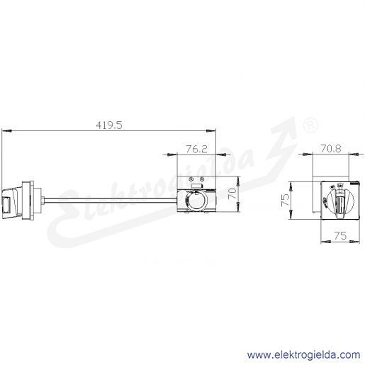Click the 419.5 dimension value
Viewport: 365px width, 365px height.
coord(109,125)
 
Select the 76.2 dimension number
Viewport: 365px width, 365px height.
coord(196,149)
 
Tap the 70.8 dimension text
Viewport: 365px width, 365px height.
coord(331,149)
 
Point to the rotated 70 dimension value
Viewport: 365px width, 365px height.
coord(232,193)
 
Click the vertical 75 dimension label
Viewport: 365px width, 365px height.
coord(285,200)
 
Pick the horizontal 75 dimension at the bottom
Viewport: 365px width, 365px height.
coord(340,235)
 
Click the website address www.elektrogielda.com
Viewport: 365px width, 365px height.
coord(303,355)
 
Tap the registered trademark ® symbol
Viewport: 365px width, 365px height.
coord(310,125)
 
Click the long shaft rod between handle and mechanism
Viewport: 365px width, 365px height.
coord(111,201)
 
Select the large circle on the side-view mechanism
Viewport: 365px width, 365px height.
coord(196,201)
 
